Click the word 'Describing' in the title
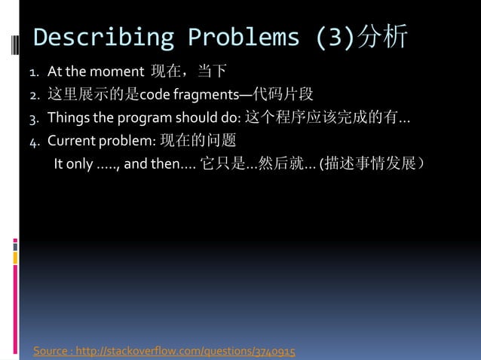[x=103, y=37]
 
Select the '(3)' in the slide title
[x=334, y=37]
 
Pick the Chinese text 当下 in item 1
[x=212, y=73]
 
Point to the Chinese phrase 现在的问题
[x=198, y=140]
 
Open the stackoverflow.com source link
[x=164, y=351]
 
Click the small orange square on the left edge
[x=15, y=258]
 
